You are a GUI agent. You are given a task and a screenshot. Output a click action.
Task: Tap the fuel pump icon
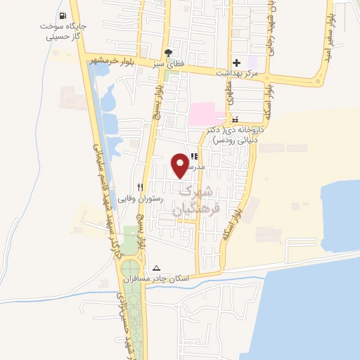(x=63, y=15)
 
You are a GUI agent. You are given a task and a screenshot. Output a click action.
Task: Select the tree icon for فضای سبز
(x=167, y=52)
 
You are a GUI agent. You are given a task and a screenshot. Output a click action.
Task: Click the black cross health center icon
(x=236, y=63)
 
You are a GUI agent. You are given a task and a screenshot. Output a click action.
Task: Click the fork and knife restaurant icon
(x=140, y=187)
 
